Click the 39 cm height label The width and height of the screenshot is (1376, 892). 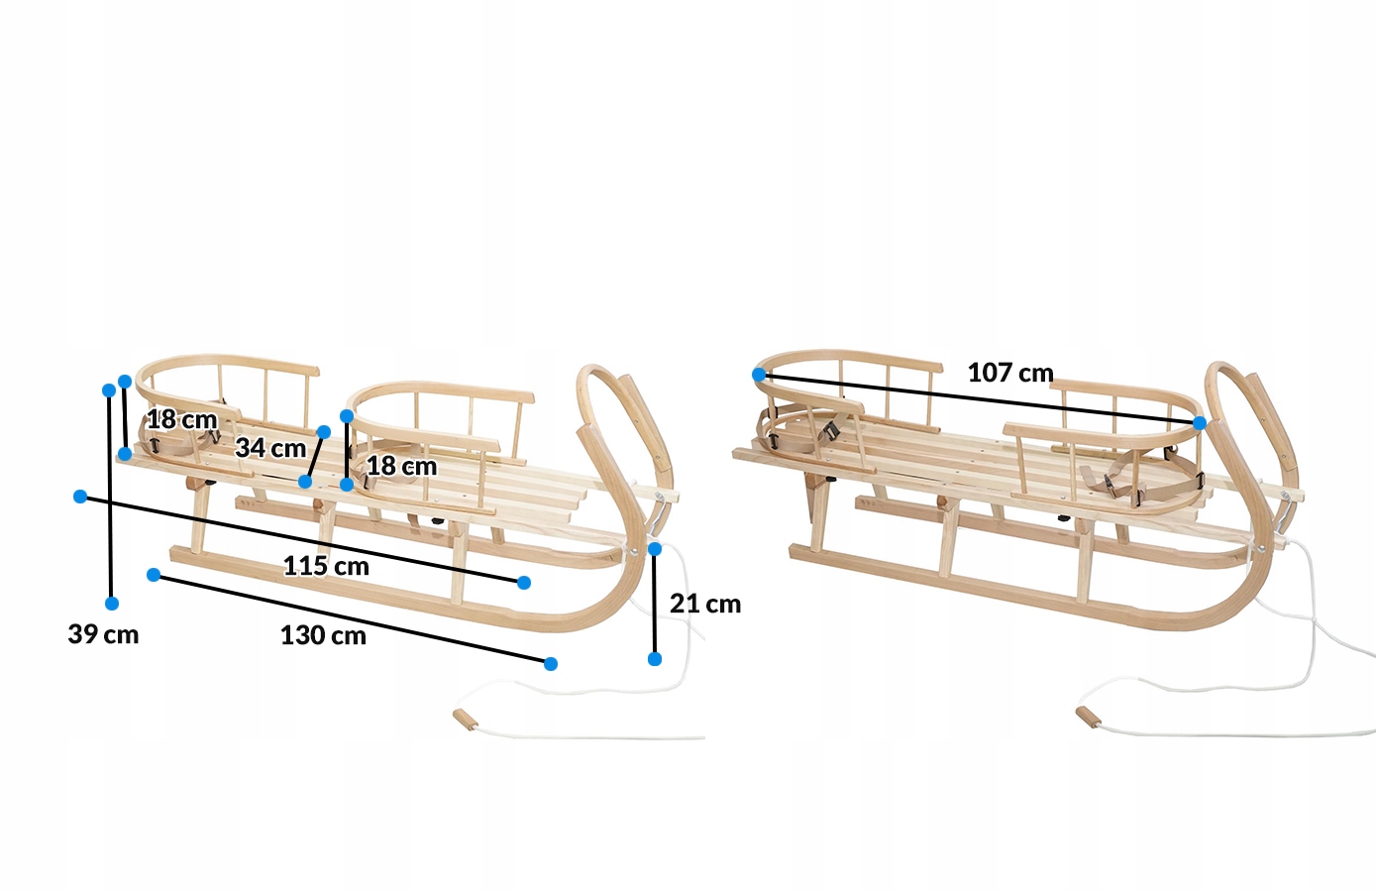(103, 634)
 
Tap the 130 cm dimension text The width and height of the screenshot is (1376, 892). (323, 635)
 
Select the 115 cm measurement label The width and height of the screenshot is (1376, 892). (326, 566)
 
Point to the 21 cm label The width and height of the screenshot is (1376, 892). (705, 604)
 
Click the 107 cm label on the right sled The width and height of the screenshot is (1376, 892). (1010, 373)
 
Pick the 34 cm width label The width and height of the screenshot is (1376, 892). (270, 448)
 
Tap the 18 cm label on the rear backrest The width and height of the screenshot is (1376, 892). (182, 419)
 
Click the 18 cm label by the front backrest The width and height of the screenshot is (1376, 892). (401, 466)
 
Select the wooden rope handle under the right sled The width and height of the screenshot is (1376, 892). (1088, 716)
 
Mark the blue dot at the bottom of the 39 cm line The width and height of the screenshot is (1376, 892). (112, 604)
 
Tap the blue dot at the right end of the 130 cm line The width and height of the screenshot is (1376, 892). (551, 663)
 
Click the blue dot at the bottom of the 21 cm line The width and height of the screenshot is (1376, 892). (654, 658)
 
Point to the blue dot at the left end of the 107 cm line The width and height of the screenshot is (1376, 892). (759, 375)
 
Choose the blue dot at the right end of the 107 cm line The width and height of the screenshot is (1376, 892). (1200, 423)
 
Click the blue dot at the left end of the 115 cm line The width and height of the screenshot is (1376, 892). (80, 496)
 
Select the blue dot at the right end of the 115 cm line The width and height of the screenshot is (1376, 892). (524, 582)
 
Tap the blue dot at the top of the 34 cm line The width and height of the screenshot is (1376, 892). (323, 432)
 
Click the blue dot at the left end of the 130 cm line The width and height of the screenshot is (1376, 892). (154, 575)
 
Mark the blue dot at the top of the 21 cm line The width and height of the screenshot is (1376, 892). (654, 548)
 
